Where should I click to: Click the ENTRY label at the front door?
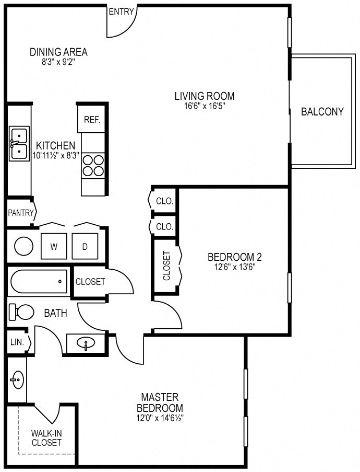click(x=121, y=11)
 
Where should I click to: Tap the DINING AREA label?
click(x=58, y=52)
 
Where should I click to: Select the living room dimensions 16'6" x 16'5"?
click(x=205, y=106)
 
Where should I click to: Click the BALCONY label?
click(x=322, y=112)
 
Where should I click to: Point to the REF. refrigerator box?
click(x=92, y=120)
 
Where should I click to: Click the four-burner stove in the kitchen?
click(x=93, y=166)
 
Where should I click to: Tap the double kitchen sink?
click(x=19, y=144)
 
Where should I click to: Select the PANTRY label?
click(x=21, y=213)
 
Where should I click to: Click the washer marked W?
click(x=54, y=246)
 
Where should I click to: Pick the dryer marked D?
click(x=85, y=246)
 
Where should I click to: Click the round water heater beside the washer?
click(x=24, y=246)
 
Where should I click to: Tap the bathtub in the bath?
click(x=39, y=281)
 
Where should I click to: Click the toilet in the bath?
click(x=21, y=312)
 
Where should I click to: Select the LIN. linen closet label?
click(x=17, y=342)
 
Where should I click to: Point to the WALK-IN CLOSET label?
click(x=46, y=438)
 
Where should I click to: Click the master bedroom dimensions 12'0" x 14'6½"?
click(x=160, y=418)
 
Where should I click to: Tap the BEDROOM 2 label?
click(x=235, y=257)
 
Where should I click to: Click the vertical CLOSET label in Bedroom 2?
click(x=166, y=266)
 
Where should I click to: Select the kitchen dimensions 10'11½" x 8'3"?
click(x=56, y=155)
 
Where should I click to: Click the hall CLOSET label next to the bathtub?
click(x=90, y=281)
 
